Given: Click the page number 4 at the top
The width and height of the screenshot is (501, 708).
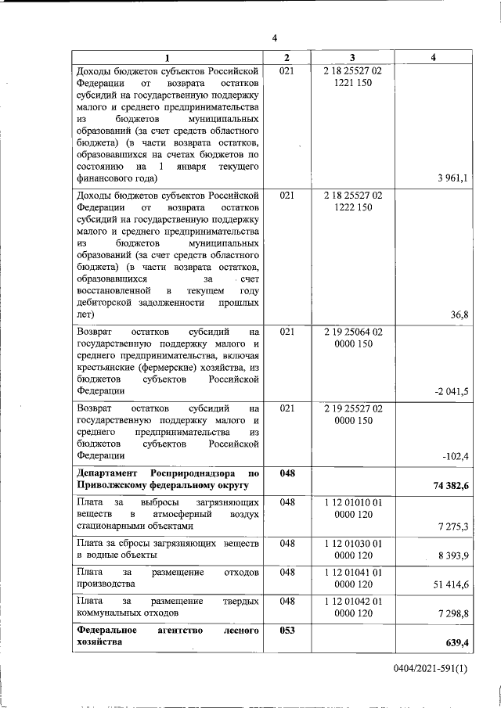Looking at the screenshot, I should point(275,38).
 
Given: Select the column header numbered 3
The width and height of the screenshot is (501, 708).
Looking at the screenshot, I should point(352,58).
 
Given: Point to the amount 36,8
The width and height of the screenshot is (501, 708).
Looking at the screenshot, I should point(460,314).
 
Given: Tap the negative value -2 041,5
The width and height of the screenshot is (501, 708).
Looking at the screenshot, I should point(451,391).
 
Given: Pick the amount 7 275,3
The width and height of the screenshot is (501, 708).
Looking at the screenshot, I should point(454,527).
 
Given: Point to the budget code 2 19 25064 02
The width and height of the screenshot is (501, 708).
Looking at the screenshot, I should point(352,332).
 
